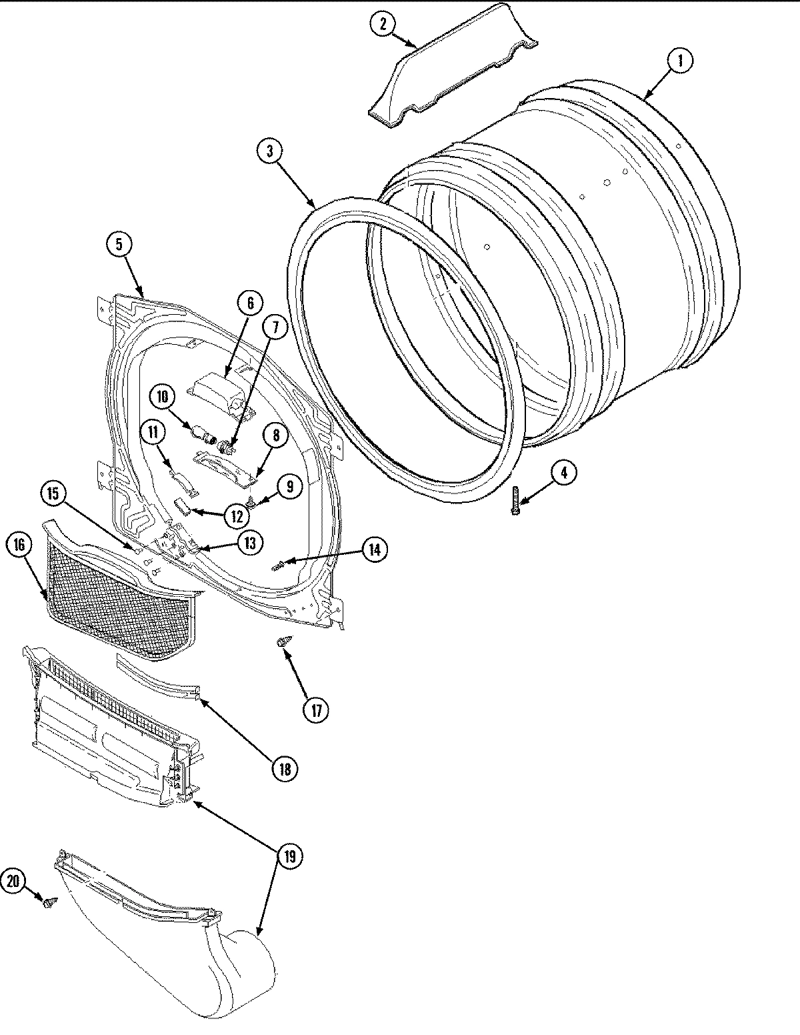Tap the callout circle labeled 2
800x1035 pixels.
click(x=383, y=25)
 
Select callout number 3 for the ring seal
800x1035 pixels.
click(x=269, y=151)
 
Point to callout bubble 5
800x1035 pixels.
click(x=119, y=245)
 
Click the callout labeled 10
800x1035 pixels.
click(x=161, y=395)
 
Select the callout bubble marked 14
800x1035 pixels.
click(x=374, y=550)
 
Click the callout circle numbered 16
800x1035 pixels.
click(x=18, y=546)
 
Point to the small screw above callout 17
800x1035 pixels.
click(x=282, y=642)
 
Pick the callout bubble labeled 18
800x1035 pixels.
click(x=285, y=769)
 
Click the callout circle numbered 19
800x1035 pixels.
click(x=289, y=856)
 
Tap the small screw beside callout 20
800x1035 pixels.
click(x=49, y=903)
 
